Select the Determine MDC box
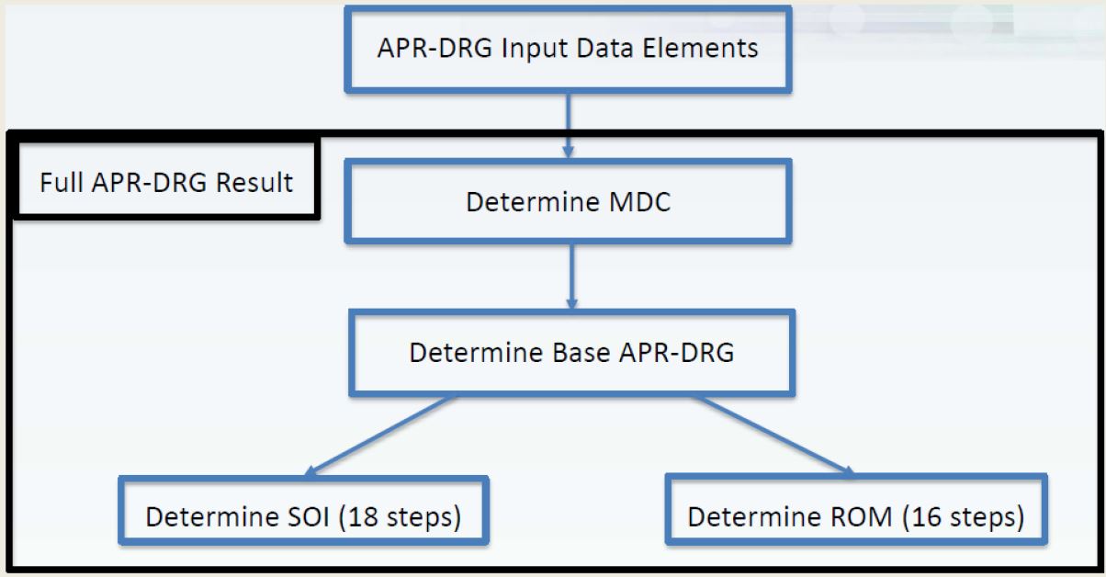click(x=568, y=201)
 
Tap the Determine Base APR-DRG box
click(x=571, y=353)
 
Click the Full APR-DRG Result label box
click(x=165, y=181)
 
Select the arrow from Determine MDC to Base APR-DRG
click(x=570, y=276)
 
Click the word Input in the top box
click(x=535, y=48)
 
